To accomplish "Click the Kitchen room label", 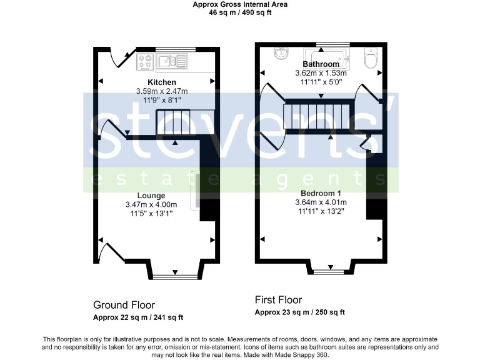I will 161,82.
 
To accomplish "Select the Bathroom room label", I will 321,64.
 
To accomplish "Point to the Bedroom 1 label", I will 321,193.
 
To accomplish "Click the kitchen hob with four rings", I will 146,61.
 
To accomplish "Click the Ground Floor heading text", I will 124,305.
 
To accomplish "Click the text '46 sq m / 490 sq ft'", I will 240,11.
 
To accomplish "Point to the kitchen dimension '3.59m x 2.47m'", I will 162,91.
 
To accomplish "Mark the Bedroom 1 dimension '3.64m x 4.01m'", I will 321,202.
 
